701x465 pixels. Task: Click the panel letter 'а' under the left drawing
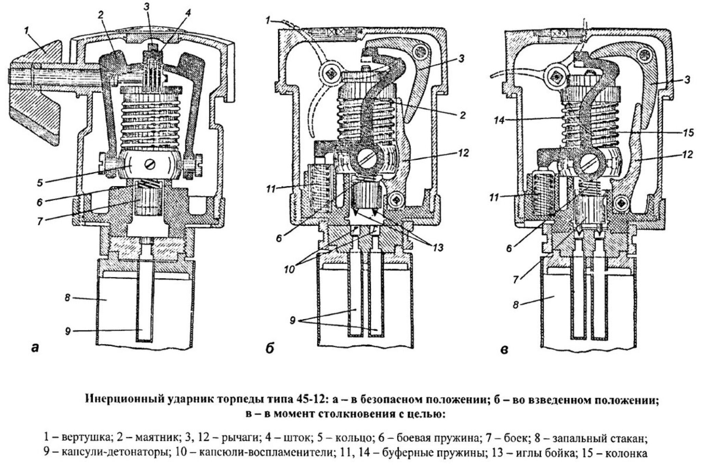35,348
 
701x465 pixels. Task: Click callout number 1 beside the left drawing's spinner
26,31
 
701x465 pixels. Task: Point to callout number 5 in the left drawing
40,183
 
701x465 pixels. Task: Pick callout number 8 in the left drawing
68,298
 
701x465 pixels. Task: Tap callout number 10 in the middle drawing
290,269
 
